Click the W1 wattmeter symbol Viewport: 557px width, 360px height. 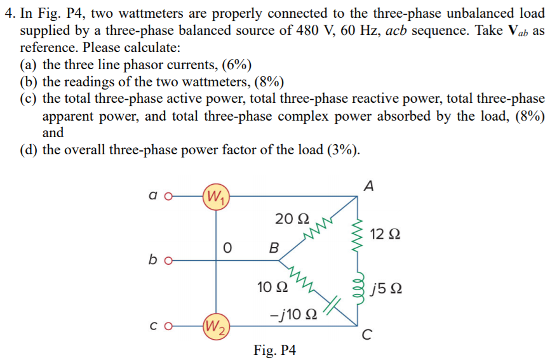click(215, 194)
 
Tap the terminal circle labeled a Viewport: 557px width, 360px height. click(168, 196)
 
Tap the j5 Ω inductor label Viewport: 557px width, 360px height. click(386, 291)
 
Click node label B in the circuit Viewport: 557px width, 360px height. click(274, 246)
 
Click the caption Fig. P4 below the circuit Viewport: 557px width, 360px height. click(274, 350)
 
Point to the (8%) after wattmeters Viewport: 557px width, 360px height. click(269, 82)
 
